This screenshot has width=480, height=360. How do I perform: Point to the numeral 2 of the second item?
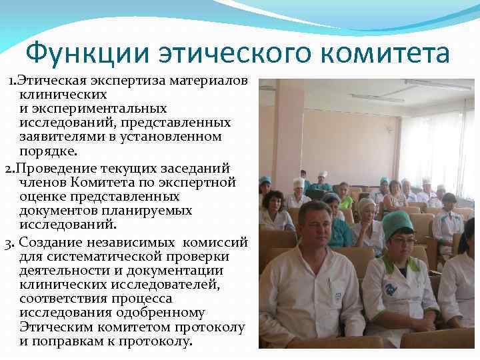(x=8, y=168)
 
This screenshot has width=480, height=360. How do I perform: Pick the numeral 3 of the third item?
(x=8, y=241)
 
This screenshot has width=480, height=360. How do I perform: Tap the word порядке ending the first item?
(x=49, y=151)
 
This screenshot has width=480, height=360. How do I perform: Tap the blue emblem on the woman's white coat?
(x=391, y=289)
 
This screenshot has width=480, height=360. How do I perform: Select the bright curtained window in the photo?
(x=437, y=150)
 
